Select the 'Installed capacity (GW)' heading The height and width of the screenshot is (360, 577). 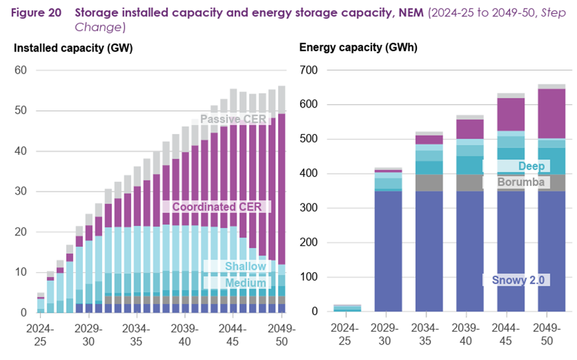pos(73,48)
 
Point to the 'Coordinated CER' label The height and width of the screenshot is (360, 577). pos(221,207)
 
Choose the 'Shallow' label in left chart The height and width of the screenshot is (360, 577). pos(245,266)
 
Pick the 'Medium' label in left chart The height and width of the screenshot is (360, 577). pos(245,283)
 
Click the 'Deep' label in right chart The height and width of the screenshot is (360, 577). pos(531,166)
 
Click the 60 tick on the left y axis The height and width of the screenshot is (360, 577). pos(21,70)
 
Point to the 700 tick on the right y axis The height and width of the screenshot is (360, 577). pos(309,70)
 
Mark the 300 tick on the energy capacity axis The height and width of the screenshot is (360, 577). pos(309,208)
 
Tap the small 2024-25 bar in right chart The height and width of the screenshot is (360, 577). pos(347,308)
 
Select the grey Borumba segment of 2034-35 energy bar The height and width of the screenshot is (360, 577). pos(429,182)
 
